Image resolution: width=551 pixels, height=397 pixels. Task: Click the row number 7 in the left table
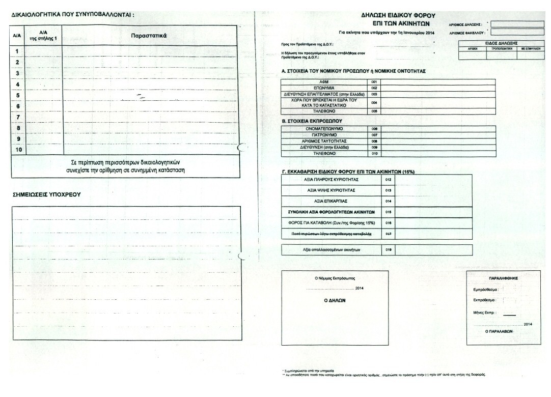click(18, 117)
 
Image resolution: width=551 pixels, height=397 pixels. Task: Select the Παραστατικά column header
click(149, 36)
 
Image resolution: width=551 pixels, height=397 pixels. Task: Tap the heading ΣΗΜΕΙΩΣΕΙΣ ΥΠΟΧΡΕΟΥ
click(46, 194)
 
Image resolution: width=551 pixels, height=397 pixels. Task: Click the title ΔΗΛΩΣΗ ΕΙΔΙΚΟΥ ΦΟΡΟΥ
click(398, 16)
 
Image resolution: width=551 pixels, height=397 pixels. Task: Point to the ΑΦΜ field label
click(324, 81)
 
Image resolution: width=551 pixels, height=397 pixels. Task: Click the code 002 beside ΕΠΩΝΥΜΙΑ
click(374, 88)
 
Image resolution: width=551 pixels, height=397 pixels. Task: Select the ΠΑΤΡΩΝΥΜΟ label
click(324, 135)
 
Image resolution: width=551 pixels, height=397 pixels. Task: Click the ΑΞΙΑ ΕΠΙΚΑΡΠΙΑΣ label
click(330, 201)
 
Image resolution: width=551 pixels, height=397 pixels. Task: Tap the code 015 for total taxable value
click(388, 212)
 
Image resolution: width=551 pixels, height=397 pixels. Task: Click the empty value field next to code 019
click(433, 249)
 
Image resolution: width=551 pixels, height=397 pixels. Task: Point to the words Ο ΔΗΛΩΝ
click(335, 300)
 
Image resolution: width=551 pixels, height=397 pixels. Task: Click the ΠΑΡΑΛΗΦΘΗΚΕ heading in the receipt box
click(503, 279)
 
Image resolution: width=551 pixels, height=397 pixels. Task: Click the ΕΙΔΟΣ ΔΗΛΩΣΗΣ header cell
click(501, 43)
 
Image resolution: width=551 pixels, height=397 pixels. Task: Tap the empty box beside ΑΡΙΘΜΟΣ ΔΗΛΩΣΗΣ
click(516, 23)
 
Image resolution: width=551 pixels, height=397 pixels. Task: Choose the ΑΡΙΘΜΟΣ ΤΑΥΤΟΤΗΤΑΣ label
click(324, 141)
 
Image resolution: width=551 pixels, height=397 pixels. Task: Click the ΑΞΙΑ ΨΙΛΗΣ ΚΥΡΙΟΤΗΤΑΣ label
click(330, 190)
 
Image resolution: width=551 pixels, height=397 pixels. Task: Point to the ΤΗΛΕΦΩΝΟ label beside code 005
click(324, 111)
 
